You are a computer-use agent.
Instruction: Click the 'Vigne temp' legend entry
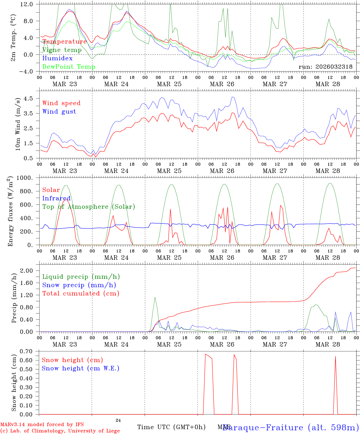62,50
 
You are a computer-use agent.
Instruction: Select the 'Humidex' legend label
57,58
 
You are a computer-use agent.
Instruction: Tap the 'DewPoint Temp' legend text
69,67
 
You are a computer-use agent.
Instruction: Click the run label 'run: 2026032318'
325,67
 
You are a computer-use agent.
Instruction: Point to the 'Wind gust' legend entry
59,112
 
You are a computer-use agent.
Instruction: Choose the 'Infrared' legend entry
56,198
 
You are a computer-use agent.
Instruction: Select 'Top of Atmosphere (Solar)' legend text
88,207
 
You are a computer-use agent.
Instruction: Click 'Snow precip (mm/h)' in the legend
79,285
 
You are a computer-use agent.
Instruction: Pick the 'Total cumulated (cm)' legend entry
81,293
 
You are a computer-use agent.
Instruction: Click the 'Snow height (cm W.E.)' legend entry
80,368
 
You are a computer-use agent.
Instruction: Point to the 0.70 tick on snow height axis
27,351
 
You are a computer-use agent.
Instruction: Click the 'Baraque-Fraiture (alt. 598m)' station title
291,427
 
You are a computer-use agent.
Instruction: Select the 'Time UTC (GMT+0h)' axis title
171,427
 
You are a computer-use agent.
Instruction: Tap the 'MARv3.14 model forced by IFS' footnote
42,425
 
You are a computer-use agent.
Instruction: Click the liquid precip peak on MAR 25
155,297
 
